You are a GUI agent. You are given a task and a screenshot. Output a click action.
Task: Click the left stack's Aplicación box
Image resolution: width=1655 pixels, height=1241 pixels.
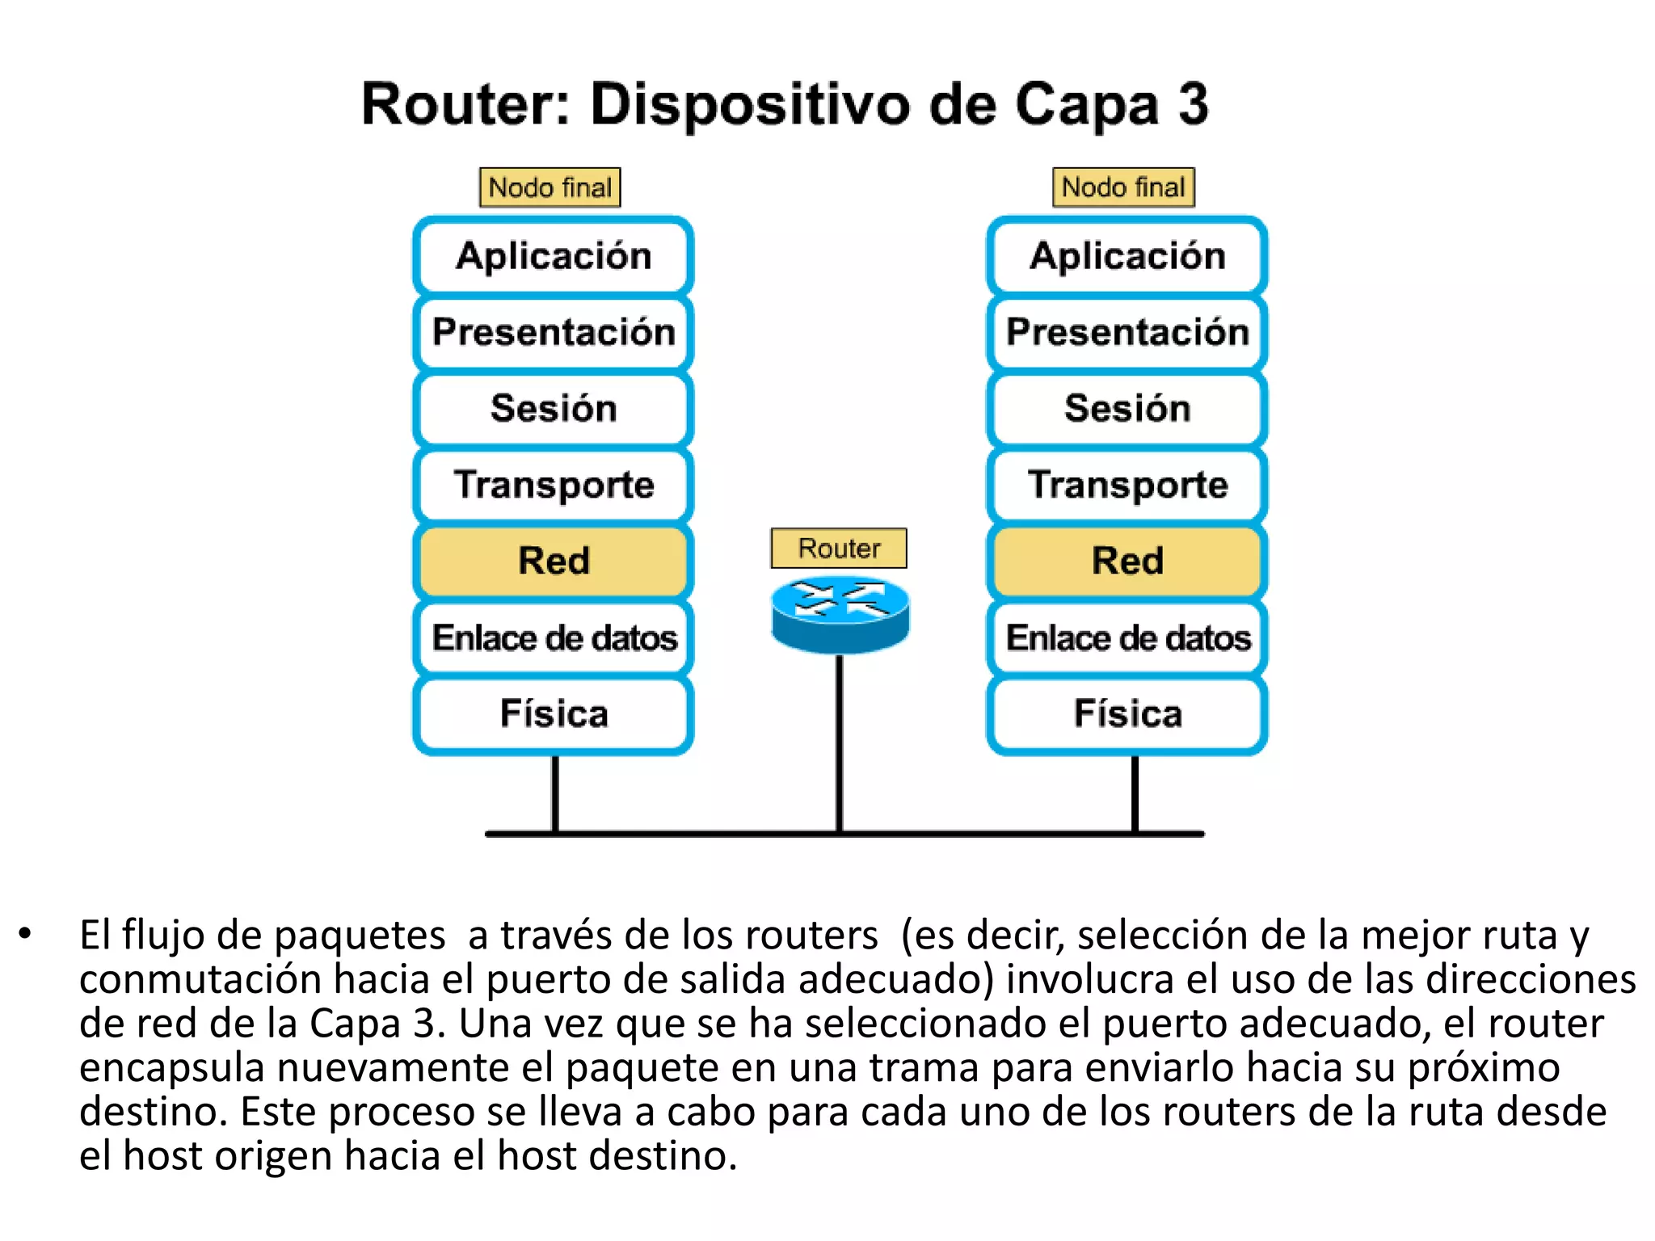tap(554, 256)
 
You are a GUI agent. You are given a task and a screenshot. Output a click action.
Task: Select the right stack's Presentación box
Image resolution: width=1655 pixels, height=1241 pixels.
tap(1127, 332)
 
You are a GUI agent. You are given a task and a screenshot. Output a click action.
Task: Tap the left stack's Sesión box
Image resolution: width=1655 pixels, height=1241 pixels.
tap(554, 408)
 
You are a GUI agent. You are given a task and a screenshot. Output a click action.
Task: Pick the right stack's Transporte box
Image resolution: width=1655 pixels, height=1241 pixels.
tap(1127, 485)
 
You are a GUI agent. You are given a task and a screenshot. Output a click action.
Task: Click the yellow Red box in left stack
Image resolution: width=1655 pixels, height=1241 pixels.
tap(554, 561)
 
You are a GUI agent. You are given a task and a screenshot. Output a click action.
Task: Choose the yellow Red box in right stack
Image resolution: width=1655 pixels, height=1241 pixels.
tap(1127, 561)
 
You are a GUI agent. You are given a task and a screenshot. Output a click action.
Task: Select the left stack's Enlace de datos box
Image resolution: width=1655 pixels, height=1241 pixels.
tap(554, 637)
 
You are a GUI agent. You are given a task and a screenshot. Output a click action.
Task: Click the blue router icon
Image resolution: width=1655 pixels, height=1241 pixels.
tap(840, 614)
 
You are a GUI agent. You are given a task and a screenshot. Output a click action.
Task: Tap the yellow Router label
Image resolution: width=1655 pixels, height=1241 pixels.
tap(839, 549)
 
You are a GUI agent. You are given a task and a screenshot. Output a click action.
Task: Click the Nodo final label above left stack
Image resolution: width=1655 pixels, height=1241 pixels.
tap(550, 187)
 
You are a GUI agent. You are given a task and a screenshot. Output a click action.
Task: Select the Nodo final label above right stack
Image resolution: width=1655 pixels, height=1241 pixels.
tap(1123, 187)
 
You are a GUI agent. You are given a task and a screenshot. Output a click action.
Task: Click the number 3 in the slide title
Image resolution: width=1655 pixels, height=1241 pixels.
tap(1193, 105)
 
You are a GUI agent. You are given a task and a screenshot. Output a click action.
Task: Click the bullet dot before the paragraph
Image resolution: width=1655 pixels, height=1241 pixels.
tap(25, 934)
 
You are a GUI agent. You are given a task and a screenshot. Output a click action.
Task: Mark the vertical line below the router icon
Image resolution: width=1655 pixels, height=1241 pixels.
tap(840, 743)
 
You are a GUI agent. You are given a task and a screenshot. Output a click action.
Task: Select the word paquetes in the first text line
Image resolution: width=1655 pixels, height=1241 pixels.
tap(360, 936)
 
